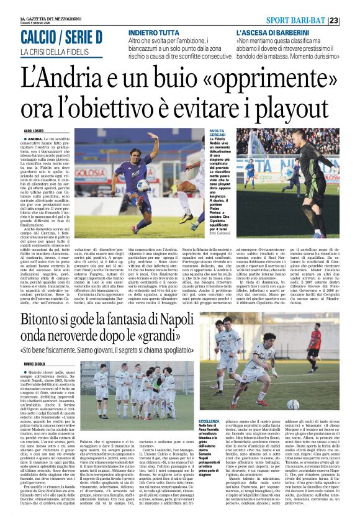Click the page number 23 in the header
pyautogui.click(x=351, y=20)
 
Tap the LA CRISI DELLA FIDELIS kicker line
pyautogui.click(x=55, y=52)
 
